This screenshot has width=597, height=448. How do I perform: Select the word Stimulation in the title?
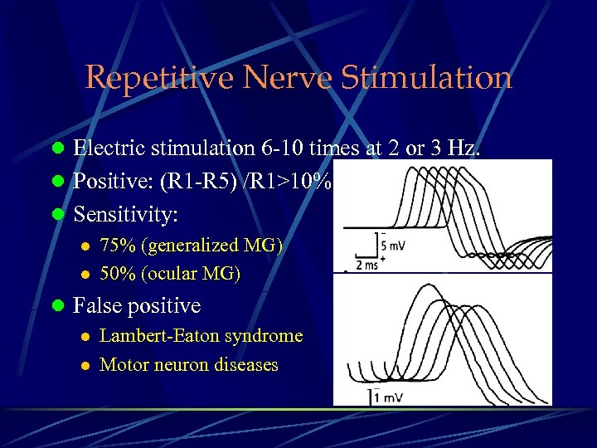click(x=424, y=78)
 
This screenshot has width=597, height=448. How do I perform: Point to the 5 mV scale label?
click(x=395, y=246)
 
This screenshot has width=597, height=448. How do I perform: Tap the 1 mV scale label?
click(x=389, y=397)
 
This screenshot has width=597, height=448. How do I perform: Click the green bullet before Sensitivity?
click(x=57, y=215)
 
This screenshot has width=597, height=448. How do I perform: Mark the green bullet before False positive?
click(x=57, y=306)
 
